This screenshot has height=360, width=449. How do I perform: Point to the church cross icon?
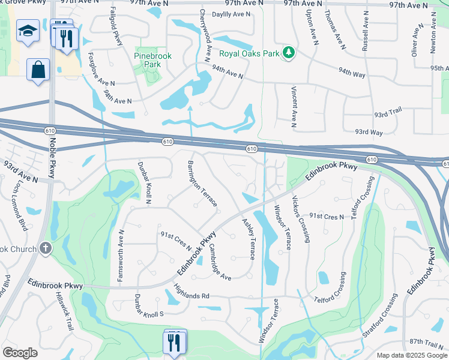point(46,249)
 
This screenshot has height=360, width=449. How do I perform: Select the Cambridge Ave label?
point(220,261)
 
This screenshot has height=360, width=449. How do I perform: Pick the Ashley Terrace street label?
point(248,239)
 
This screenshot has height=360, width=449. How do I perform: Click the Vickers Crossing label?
point(301,218)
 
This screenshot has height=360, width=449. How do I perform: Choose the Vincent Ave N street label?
point(294,107)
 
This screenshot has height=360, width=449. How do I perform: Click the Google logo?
point(20,353)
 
